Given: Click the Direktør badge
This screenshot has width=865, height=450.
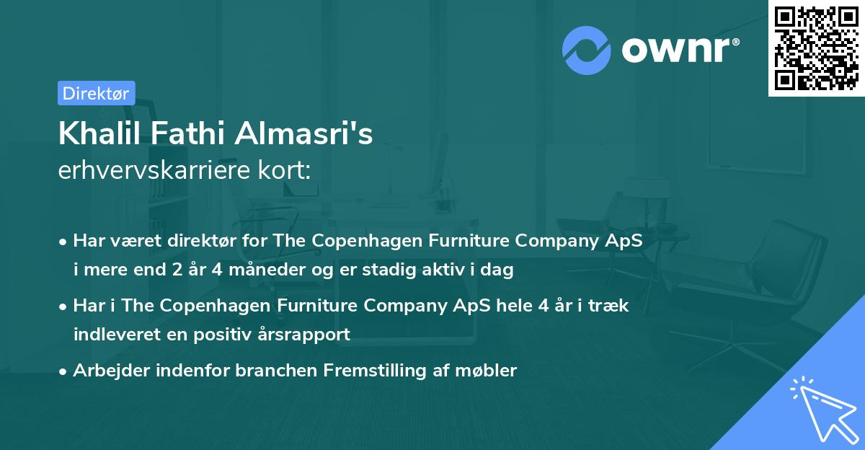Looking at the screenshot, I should tap(96, 93).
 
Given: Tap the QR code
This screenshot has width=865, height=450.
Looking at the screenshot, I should tap(816, 48).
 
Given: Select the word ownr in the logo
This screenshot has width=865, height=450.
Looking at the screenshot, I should tap(680, 49).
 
